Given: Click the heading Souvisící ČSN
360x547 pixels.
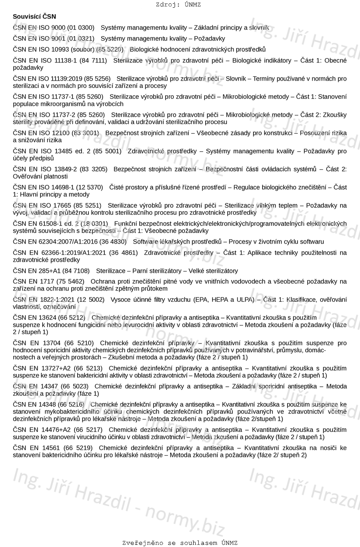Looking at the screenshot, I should pyautogui.click(x=34, y=17).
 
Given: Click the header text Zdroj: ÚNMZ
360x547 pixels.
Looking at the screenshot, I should pyautogui.click(x=178, y=5).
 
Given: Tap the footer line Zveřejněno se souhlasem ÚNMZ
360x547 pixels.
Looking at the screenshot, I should pyautogui.click(x=180, y=543).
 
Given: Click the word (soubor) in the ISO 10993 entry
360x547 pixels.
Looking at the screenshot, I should pyautogui.click(x=81, y=49).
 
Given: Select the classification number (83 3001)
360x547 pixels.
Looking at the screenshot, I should pyautogui.click(x=85, y=133).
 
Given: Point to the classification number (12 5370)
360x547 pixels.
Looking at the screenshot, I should pyautogui.click(x=89, y=187).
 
